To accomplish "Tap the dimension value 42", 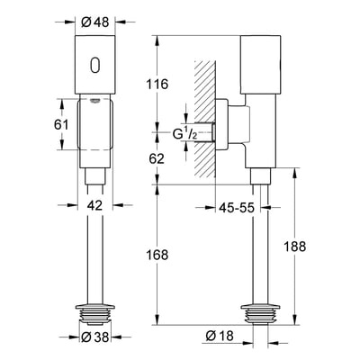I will click(95, 205).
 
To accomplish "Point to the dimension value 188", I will click(306, 245).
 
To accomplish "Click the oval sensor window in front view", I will click(95, 67).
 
